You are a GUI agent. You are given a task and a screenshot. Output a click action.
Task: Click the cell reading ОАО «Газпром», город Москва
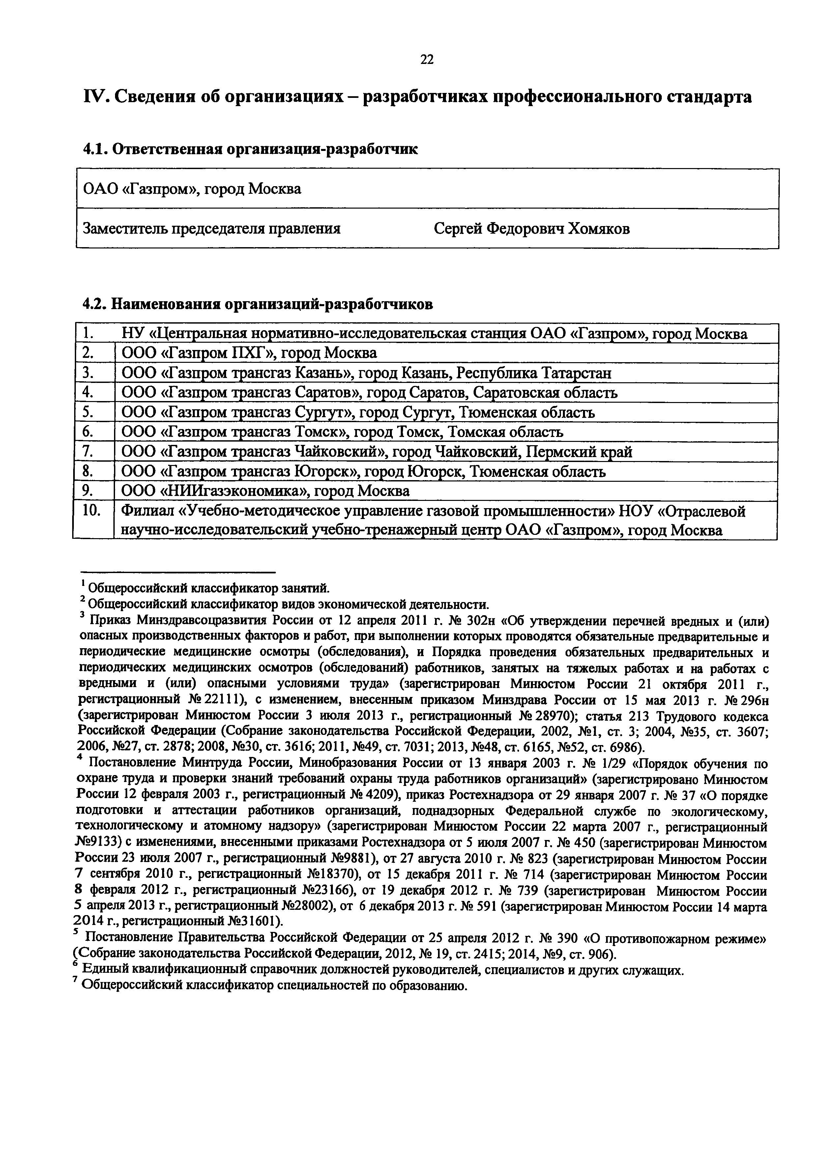(192, 189)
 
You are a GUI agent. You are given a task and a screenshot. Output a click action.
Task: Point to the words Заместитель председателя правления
(212, 229)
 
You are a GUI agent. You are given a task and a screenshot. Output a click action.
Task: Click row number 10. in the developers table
(92, 510)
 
